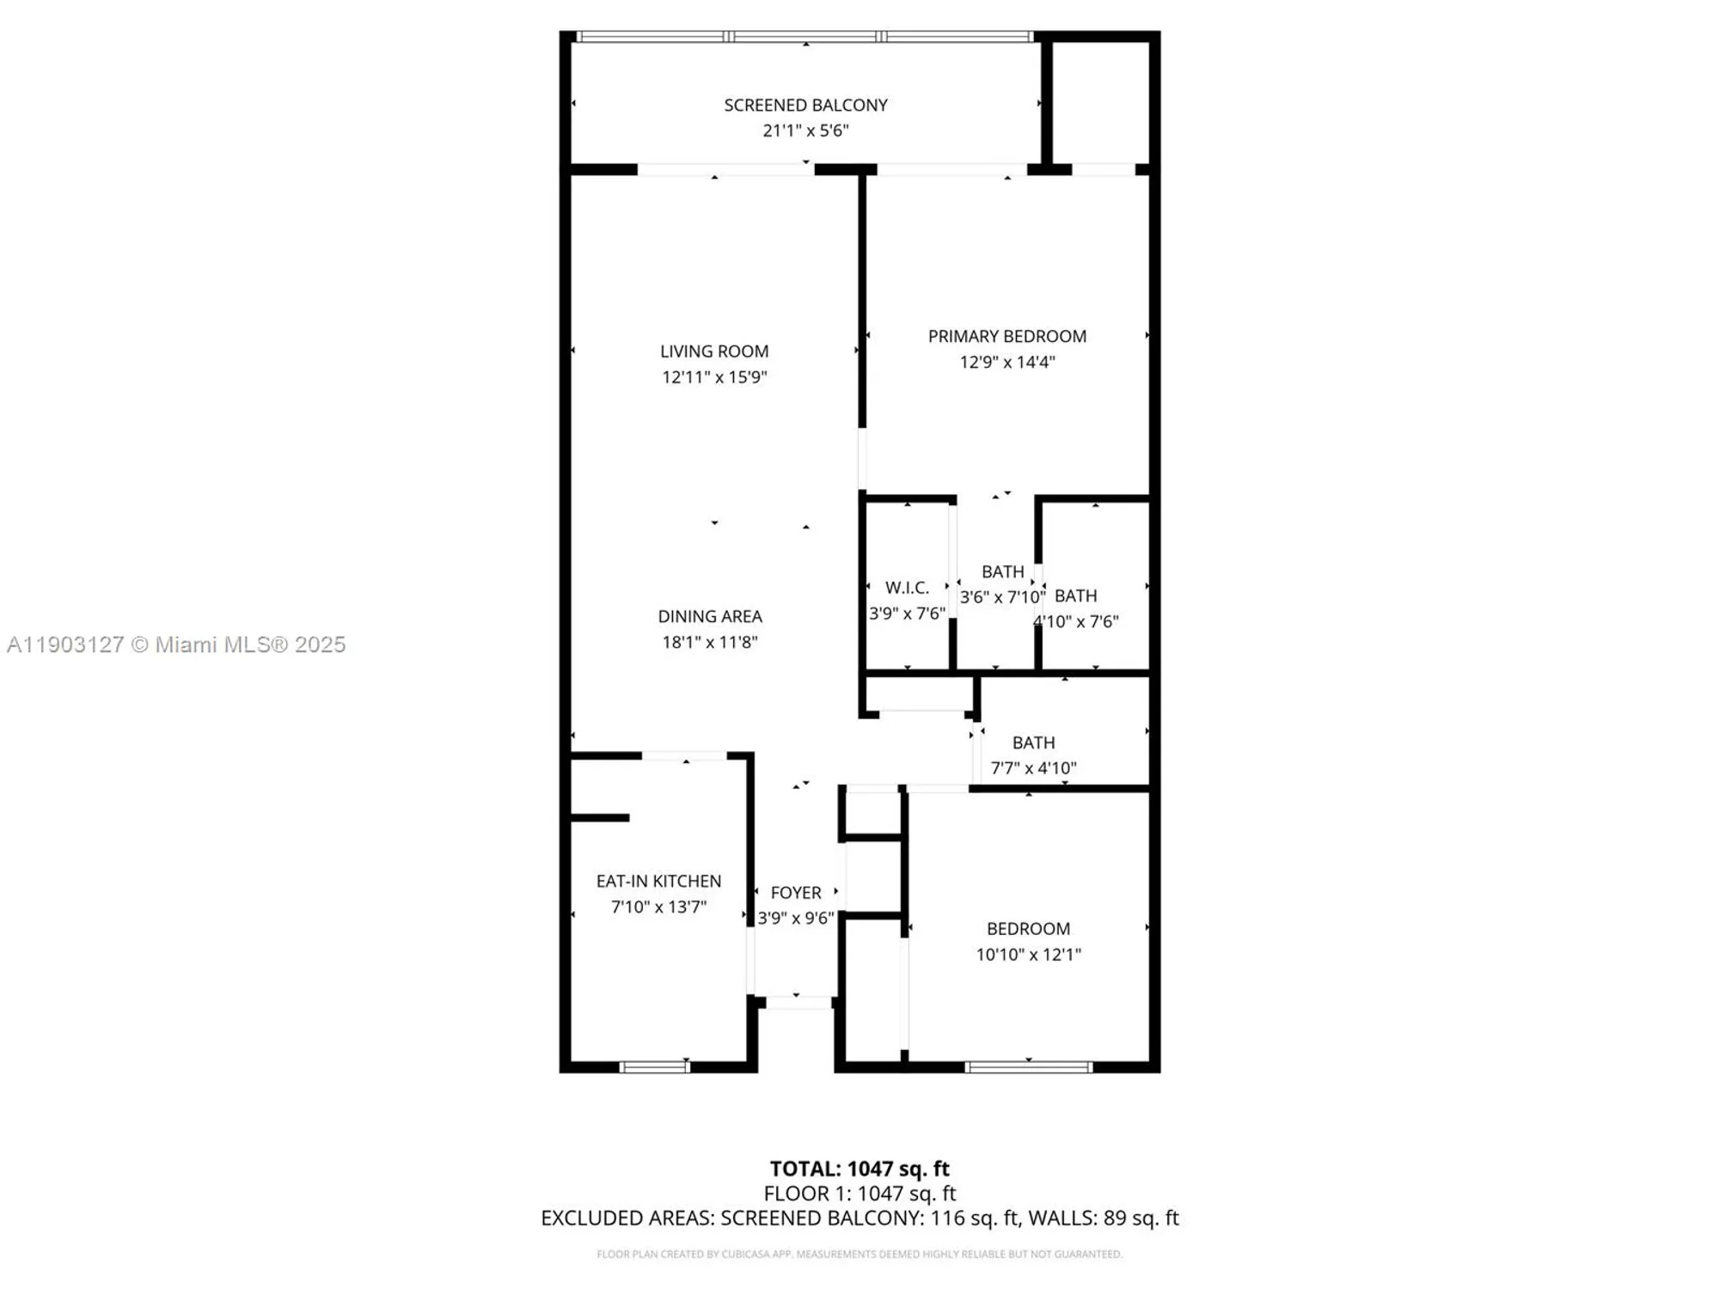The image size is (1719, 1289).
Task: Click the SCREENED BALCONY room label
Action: tap(805, 105)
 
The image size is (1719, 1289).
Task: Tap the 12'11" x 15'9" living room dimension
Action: tap(714, 377)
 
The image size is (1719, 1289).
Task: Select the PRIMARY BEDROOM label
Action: tap(1006, 337)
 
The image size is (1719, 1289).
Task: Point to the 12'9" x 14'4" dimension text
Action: tap(1006, 363)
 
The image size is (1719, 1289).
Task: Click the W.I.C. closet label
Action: tap(907, 588)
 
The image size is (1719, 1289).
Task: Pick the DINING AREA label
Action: tap(710, 616)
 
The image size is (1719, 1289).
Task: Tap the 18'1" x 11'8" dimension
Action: tap(710, 642)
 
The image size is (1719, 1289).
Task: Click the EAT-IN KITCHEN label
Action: tap(658, 881)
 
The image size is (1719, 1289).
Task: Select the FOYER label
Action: tap(796, 893)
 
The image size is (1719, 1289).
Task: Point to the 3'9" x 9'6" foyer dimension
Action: tap(796, 919)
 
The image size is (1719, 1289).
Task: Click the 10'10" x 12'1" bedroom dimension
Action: tap(1028, 955)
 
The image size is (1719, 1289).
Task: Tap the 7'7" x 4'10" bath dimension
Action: tap(1033, 768)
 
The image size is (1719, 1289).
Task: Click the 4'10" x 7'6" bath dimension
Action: tap(1076, 621)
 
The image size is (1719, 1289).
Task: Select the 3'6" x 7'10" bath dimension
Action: tap(1002, 597)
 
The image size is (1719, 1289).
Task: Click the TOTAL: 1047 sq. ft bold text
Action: tap(859, 1169)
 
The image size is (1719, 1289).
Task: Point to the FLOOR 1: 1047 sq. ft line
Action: tap(859, 1194)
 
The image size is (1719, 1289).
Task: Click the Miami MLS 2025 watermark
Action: tap(176, 644)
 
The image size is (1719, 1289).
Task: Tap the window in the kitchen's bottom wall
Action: tap(654, 1067)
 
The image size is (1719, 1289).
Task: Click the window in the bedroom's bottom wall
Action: tap(1028, 1067)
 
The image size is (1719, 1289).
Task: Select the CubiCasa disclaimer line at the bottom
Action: tap(859, 1255)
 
